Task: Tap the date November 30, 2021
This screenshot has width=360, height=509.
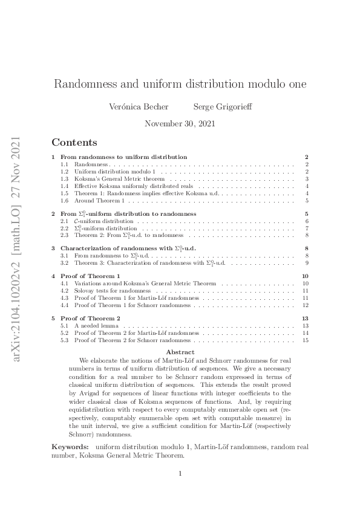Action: point(180,124)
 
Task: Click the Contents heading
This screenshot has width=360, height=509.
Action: point(74,143)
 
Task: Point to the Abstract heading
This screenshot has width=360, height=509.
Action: point(180,352)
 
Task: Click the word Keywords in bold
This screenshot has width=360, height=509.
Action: point(70,446)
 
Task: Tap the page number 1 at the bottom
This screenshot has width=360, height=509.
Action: point(180,473)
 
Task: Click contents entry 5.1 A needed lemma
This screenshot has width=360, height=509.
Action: point(99,325)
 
